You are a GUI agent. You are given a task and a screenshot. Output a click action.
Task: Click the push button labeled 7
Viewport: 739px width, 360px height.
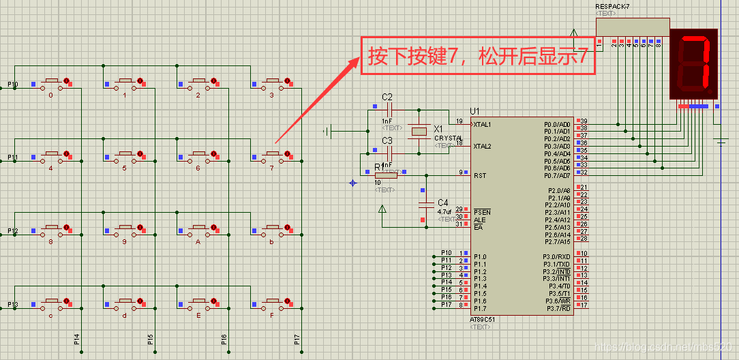tap(272, 156)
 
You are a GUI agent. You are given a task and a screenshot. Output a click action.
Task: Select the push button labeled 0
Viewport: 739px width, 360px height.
tap(51, 84)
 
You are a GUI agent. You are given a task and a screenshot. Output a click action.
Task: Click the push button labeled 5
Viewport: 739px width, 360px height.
tap(125, 156)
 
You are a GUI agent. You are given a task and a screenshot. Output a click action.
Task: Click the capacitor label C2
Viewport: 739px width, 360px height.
tap(387, 97)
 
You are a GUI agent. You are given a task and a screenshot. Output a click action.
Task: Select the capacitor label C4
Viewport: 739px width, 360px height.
tap(443, 202)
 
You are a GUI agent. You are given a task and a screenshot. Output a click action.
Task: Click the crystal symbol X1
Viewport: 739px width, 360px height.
tap(419, 130)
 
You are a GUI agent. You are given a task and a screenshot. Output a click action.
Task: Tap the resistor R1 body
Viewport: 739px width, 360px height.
tap(386, 174)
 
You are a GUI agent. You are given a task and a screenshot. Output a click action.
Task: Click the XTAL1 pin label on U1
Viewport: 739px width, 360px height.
tap(483, 125)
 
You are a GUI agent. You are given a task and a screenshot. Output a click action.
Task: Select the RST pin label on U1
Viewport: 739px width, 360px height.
tap(480, 175)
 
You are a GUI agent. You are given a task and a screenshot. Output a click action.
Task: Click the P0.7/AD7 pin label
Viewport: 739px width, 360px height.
tap(557, 175)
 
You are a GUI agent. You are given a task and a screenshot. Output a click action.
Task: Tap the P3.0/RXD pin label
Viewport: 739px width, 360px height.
tap(557, 256)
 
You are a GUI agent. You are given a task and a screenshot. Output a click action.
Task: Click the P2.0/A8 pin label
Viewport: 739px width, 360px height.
tap(558, 190)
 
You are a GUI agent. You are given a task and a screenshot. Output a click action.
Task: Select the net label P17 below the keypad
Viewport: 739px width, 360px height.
tap(297, 339)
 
